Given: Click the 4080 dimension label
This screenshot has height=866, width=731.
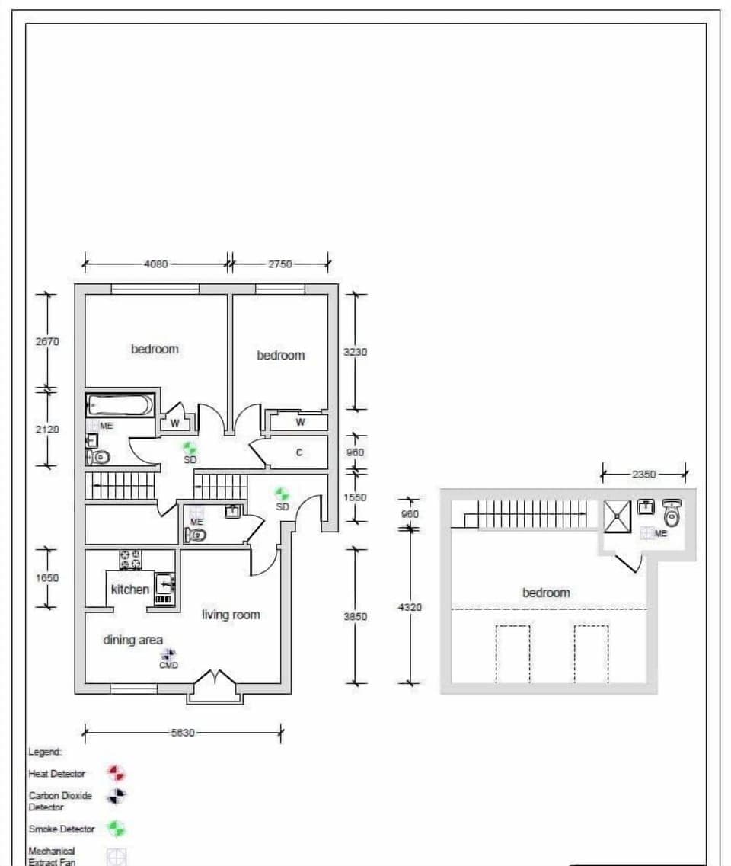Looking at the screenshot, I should [x=156, y=264].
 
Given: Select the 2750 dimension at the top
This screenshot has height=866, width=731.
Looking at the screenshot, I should [x=279, y=264].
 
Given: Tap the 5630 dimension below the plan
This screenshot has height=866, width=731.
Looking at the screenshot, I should [x=183, y=733].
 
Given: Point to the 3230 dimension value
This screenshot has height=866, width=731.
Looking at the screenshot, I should [x=355, y=353].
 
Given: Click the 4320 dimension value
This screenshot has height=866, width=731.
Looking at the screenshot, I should [x=410, y=607].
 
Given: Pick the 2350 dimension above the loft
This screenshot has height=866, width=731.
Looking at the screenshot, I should [x=643, y=474].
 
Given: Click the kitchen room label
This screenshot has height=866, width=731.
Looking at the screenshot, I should [x=130, y=590].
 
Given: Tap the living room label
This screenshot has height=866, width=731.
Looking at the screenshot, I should [x=231, y=615].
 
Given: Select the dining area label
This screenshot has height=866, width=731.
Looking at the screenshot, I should [x=133, y=640].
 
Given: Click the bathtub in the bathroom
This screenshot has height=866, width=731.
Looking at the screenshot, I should [x=120, y=404].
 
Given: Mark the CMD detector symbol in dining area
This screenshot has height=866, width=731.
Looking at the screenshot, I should [x=168, y=654].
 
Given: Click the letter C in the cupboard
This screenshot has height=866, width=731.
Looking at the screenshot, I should [x=298, y=452].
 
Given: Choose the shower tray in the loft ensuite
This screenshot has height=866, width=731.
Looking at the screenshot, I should [x=617, y=516].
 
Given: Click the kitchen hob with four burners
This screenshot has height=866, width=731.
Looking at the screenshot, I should [x=129, y=559].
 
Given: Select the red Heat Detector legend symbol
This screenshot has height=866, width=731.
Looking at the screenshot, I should [x=116, y=774].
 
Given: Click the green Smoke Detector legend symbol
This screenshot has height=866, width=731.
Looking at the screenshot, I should [x=116, y=829].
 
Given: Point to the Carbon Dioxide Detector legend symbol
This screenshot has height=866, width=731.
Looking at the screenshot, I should [x=116, y=797].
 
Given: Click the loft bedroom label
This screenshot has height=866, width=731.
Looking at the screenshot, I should [x=546, y=593].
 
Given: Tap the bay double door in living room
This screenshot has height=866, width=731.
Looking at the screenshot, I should [x=215, y=678].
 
